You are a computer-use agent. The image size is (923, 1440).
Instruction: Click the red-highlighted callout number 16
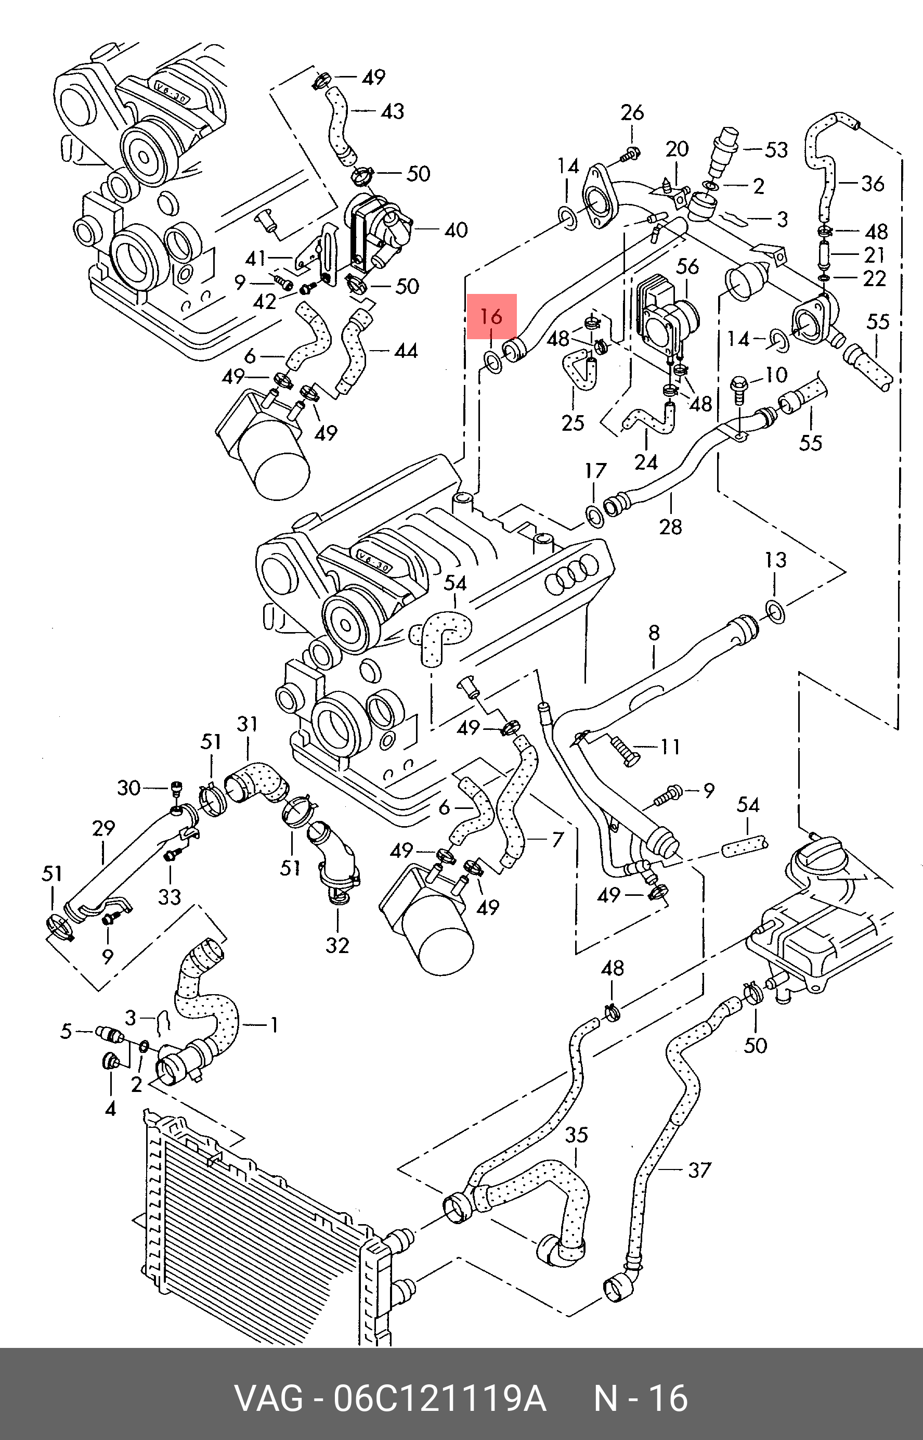coord(491,316)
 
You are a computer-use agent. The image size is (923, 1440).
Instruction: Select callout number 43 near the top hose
coord(393,111)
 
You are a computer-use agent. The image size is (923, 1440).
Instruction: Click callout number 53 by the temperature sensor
coord(776,149)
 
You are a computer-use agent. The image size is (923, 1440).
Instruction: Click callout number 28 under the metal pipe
coord(671,526)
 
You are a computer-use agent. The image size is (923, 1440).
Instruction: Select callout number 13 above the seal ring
coord(775,560)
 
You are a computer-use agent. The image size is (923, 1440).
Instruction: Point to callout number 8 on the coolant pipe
coord(654,633)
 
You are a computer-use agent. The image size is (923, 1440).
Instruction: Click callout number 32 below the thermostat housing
coord(337,945)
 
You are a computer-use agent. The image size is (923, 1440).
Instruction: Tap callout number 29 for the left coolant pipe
coord(103,829)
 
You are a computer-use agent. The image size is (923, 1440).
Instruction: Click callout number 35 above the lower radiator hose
coord(577,1135)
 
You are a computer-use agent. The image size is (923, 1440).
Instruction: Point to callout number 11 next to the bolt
coord(670,747)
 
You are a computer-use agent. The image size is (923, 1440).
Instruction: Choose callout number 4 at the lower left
coord(110,1109)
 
